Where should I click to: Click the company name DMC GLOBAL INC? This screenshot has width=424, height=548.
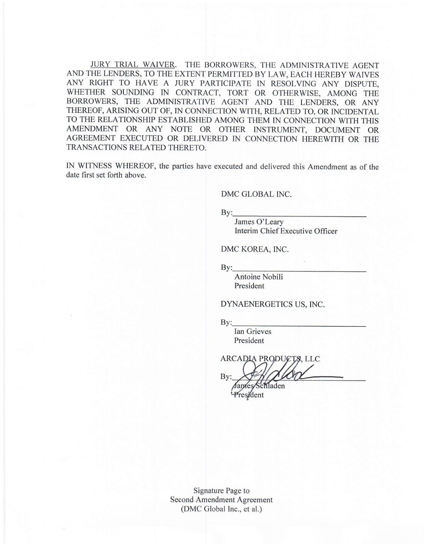point(256,194)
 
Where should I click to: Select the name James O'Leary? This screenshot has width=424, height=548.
point(259,222)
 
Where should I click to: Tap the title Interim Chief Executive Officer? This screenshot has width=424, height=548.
point(286,231)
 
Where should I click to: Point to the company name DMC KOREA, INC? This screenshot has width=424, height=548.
point(255,249)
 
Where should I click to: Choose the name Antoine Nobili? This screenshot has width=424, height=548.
point(258,277)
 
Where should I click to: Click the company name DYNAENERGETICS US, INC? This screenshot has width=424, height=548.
point(272,304)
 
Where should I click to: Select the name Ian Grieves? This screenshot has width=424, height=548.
point(253,332)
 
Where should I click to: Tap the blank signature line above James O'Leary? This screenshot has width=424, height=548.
point(299,216)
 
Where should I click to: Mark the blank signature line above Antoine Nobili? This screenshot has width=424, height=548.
point(299,271)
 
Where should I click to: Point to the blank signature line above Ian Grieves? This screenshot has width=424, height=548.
point(299,326)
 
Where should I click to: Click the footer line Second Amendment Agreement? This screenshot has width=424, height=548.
point(221,500)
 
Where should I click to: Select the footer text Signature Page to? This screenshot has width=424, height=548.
point(221,491)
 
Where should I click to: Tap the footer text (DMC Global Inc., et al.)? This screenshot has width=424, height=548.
point(221,509)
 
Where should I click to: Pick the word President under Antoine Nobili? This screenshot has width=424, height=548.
point(249,286)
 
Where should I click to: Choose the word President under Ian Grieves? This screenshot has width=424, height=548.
point(249,341)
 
